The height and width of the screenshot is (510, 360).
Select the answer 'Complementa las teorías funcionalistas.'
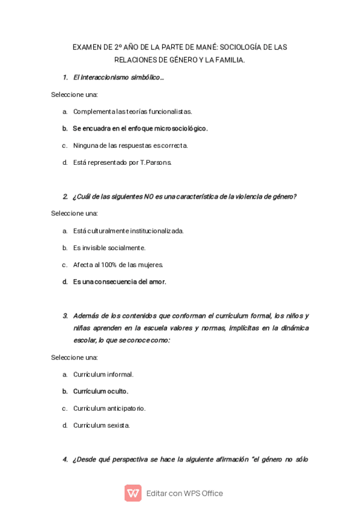[132, 111]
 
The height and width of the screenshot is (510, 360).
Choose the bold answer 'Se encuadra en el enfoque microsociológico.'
[140, 128]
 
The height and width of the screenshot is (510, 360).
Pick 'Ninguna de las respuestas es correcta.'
[130, 145]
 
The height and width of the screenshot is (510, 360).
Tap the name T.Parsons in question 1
[156, 162]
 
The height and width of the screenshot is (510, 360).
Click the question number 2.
[65, 197]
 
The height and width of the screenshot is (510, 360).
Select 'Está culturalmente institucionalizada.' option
[128, 230]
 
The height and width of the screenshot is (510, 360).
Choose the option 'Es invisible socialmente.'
[109, 247]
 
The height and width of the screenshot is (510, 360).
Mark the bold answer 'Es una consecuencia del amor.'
[119, 281]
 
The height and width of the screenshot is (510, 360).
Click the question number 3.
[65, 316]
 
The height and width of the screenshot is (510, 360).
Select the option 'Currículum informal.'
[103, 374]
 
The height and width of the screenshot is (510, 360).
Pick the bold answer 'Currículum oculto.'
[100, 391]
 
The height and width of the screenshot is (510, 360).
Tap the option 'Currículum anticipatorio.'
[109, 408]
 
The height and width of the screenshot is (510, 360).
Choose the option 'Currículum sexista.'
[101, 425]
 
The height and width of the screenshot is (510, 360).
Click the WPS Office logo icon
[133, 493]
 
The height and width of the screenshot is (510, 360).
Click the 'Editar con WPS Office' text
[185, 493]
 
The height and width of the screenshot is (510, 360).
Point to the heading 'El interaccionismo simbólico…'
[118, 78]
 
